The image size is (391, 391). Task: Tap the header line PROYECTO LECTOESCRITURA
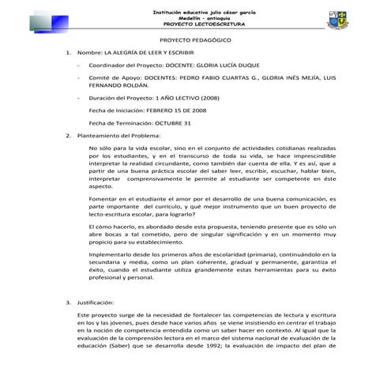coord(195,24)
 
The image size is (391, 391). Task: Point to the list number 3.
coord(69,303)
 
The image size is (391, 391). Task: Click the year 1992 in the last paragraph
coord(218,344)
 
